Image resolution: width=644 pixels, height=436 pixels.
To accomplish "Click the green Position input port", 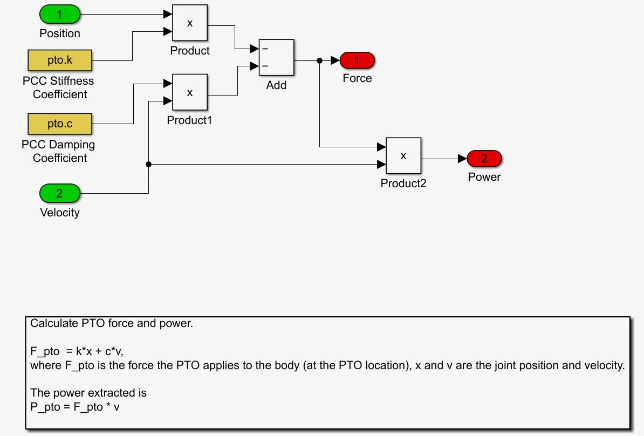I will pos(60,14).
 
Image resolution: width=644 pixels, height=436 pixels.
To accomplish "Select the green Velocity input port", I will pos(60,193).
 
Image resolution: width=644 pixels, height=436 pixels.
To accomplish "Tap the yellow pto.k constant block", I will pos(60,60).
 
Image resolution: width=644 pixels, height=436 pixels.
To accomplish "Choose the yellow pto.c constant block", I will pos(60,124).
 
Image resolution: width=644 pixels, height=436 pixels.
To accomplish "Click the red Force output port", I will pos(357,60).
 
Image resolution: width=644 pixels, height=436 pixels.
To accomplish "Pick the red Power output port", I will pos(484,159).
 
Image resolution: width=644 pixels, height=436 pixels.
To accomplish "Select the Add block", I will pos(277,57).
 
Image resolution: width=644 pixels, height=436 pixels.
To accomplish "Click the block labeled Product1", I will pos(190,92).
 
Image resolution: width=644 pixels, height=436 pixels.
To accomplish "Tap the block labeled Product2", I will pos(403,155).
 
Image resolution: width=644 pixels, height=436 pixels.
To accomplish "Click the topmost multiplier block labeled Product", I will pos(190,23).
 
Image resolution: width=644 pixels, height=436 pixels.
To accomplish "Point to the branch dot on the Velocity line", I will pos(148,164).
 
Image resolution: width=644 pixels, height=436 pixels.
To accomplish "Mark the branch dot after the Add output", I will pos(320,60).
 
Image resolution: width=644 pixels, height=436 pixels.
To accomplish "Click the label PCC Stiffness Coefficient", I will pos(58,87).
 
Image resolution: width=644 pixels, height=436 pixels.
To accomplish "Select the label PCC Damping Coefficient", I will pos(58,151).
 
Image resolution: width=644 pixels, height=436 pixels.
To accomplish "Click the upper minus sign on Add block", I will pos(265,49).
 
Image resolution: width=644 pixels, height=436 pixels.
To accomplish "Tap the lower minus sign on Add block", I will pos(265,66).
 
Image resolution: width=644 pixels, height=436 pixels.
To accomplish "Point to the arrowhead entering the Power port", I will pos(462,159).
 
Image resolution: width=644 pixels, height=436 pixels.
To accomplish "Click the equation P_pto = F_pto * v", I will pos(75,407).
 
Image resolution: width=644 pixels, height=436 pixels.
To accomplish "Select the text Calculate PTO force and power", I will pos(111,324).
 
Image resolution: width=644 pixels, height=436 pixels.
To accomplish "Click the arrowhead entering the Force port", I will pos(335,60).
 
